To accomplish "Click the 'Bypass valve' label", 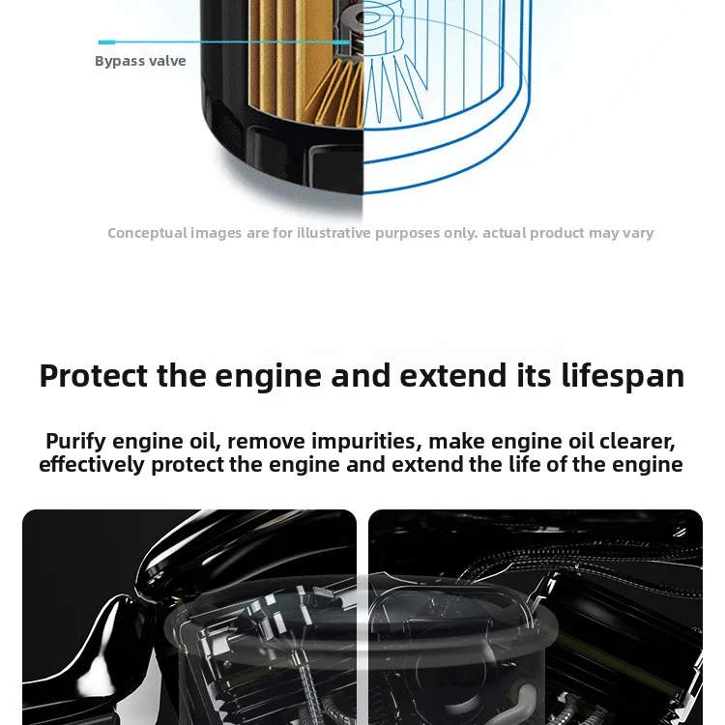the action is pyautogui.click(x=140, y=61).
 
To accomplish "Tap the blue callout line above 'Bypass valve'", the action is pyautogui.click(x=222, y=43).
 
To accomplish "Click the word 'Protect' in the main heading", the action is pyautogui.click(x=94, y=375).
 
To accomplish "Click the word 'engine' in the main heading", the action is pyautogui.click(x=262, y=375).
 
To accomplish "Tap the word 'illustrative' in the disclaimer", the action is pyautogui.click(x=333, y=233).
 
